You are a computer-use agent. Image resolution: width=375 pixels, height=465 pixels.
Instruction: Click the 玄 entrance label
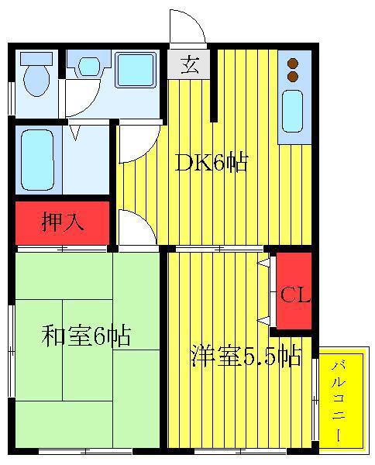(189, 64)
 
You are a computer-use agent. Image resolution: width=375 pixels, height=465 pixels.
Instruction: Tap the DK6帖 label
(212, 163)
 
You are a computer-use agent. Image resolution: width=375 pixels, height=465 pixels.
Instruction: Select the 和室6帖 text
(86, 336)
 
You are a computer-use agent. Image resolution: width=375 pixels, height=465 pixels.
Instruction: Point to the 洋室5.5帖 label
(246, 356)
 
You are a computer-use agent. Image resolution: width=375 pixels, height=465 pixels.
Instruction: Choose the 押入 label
(63, 222)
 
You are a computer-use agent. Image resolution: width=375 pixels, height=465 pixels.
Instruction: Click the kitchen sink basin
(292, 111)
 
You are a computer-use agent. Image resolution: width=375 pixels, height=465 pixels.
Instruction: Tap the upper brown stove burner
(293, 64)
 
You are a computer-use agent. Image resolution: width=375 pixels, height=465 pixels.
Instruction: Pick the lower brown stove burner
(293, 76)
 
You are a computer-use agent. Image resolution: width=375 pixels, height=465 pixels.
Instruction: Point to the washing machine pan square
(136, 70)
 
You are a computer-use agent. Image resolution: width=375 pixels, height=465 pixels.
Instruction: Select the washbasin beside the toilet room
(89, 66)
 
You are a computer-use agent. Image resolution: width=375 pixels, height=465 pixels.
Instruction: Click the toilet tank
(36, 58)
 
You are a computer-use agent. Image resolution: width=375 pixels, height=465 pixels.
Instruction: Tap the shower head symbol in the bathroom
(76, 133)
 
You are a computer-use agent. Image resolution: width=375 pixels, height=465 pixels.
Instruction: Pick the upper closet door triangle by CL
(263, 262)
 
